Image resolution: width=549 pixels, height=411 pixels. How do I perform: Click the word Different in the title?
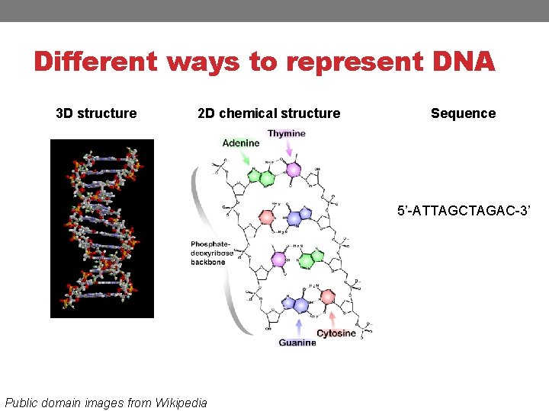click(x=95, y=62)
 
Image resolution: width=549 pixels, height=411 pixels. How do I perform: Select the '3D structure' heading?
click(x=96, y=113)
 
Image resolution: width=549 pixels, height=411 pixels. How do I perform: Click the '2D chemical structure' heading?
click(x=268, y=113)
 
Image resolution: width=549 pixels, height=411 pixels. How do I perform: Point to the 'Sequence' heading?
click(x=463, y=113)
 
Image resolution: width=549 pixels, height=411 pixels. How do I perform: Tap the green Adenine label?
click(x=241, y=143)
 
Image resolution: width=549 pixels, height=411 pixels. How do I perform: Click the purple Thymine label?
click(x=287, y=133)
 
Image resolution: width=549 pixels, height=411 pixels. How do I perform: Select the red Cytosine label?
click(x=336, y=333)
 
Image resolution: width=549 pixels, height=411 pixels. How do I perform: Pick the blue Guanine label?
click(x=297, y=342)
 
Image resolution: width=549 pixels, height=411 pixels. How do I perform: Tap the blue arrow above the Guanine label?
click(x=300, y=326)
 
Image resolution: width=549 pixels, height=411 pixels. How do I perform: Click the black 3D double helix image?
click(x=102, y=228)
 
